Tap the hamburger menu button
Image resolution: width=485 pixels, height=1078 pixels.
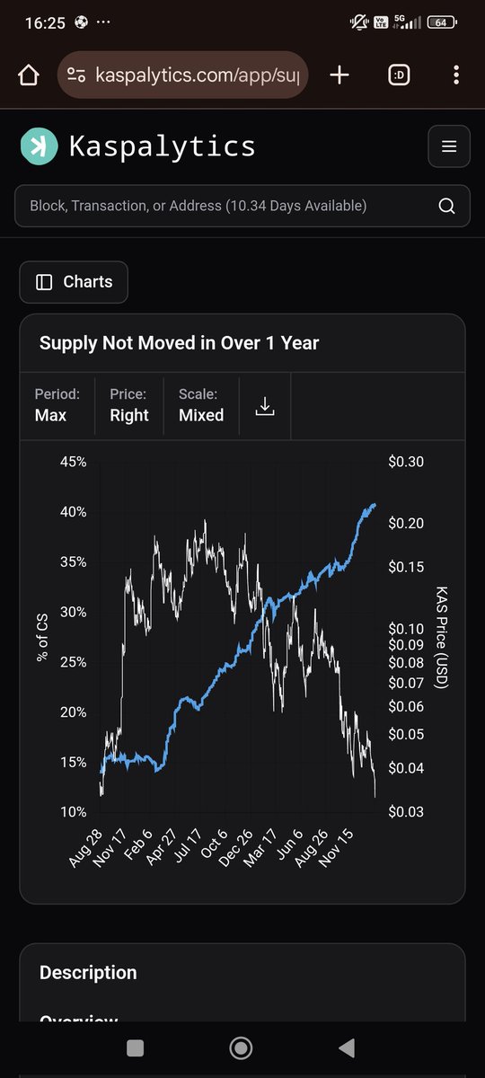(449, 146)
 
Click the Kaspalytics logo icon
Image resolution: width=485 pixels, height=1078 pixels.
(39, 146)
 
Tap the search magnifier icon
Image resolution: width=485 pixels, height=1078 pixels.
(446, 206)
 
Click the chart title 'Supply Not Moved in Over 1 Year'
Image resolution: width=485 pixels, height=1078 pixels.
(179, 342)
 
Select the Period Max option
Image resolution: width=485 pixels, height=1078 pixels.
(50, 415)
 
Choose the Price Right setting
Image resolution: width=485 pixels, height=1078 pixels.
(129, 415)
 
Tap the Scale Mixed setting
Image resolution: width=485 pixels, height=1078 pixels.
(201, 415)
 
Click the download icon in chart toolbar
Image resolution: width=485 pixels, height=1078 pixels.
(264, 407)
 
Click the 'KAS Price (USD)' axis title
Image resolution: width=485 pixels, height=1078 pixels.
(441, 637)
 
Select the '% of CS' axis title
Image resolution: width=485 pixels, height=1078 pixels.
(43, 637)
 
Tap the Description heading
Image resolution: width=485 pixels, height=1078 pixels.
(88, 973)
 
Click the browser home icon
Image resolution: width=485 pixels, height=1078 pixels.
(28, 75)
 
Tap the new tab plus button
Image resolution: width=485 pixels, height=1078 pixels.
(339, 75)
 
